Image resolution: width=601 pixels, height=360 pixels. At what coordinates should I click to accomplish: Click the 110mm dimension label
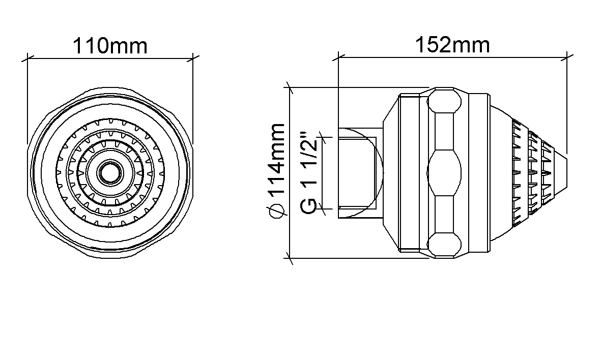coord(110,46)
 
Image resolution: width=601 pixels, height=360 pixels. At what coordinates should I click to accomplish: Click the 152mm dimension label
coord(453,45)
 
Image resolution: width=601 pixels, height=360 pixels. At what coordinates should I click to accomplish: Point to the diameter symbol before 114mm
coord(277,211)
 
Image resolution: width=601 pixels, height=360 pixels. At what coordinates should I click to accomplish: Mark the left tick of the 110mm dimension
coord(27,59)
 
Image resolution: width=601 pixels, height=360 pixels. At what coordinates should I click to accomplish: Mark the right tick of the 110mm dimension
coord(193,59)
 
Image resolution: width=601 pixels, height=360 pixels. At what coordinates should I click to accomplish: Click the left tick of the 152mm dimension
coord(338,58)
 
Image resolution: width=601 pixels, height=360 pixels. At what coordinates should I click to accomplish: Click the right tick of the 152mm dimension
coord(567,58)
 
